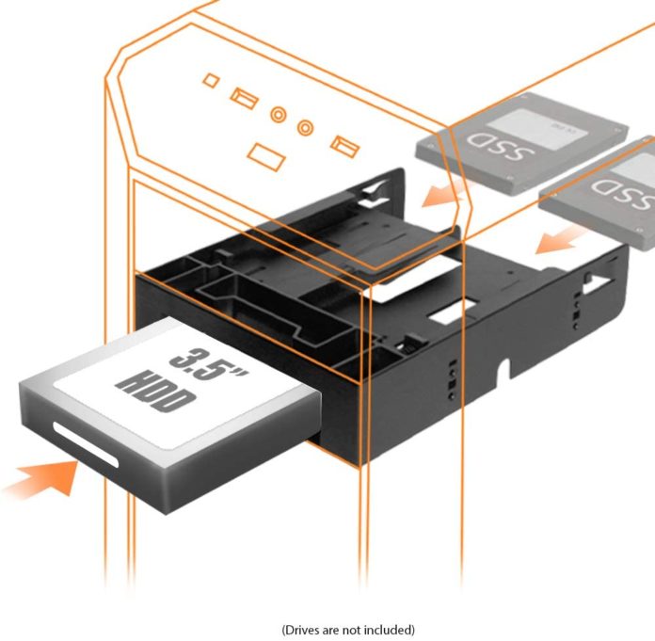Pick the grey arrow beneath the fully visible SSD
coord(435,196)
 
